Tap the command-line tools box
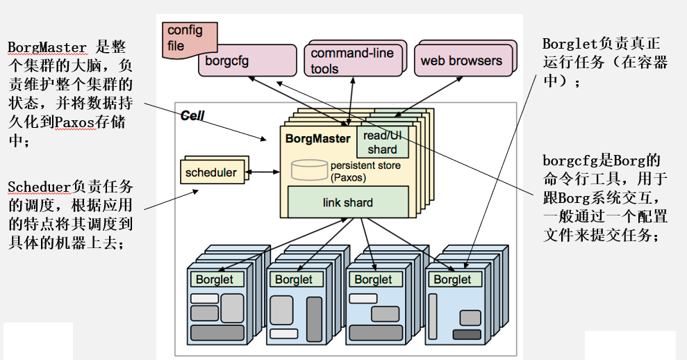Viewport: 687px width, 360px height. point(353,61)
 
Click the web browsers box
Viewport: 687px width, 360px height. point(461,60)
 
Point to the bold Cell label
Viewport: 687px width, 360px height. point(192,116)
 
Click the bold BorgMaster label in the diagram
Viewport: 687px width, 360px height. point(318,138)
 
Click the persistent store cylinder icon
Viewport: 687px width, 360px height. point(310,169)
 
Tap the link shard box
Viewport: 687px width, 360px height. point(348,203)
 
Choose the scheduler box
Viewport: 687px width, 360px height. point(211,172)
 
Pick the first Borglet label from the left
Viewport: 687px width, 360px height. point(217,279)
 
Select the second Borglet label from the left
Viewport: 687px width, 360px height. point(294,279)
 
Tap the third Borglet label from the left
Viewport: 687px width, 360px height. point(373,279)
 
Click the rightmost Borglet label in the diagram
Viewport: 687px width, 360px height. point(452,279)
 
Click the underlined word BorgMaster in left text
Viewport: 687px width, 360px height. point(47,47)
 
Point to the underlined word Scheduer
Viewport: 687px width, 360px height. point(39,187)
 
